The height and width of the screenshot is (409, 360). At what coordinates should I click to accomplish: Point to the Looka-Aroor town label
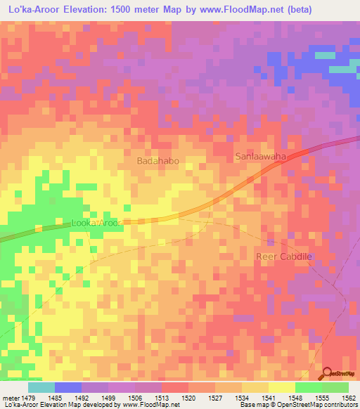[97, 223]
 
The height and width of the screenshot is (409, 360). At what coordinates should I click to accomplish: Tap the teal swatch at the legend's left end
[41, 387]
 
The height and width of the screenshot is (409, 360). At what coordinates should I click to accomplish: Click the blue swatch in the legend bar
[67, 387]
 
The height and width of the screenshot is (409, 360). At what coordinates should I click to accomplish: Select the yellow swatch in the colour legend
[281, 387]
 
